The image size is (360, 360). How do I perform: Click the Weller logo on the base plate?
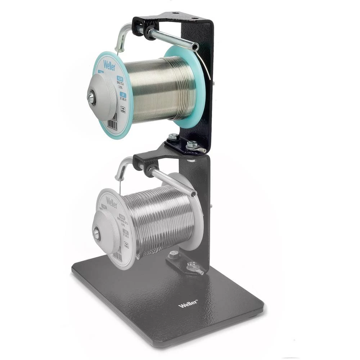(188, 304)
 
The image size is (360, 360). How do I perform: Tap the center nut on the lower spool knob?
(96, 233)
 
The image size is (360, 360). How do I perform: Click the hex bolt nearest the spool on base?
(174, 254)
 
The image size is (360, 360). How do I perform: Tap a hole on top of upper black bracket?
(175, 14)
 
